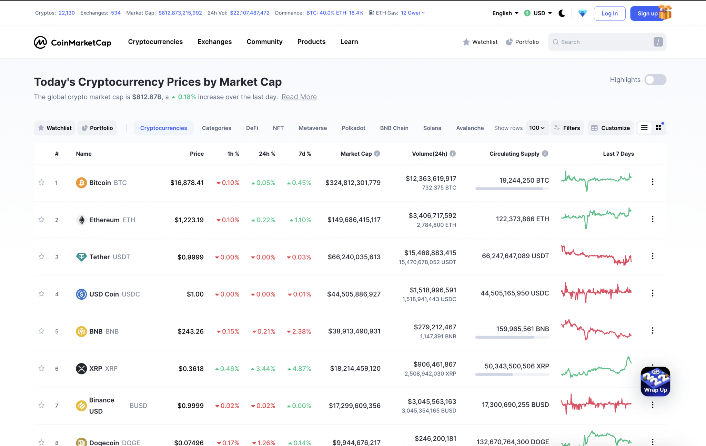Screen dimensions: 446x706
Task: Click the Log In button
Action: [x=609, y=13]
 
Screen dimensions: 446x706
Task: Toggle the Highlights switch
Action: [x=655, y=80]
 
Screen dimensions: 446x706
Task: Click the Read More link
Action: [x=299, y=97]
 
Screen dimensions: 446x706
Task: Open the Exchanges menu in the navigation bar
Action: [x=214, y=42]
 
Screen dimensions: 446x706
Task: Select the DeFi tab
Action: [x=252, y=128]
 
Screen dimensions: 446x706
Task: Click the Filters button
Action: [x=567, y=128]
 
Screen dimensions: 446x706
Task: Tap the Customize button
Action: [x=611, y=128]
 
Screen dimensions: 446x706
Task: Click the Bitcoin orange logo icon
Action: [x=81, y=183]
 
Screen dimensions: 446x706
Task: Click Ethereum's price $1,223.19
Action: [x=189, y=220]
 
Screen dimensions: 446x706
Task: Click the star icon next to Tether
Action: [x=41, y=256]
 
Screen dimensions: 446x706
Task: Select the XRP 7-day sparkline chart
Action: [x=596, y=368]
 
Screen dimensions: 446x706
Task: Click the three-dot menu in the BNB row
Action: [x=652, y=331]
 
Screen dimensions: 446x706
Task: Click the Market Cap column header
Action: [x=356, y=154]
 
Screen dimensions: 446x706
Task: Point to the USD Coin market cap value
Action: [x=354, y=294]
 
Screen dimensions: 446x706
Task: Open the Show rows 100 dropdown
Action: [x=537, y=128]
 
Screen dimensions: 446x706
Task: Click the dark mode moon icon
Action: [x=562, y=13]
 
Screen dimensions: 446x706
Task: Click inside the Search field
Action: [x=603, y=42]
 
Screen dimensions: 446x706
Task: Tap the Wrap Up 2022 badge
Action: [x=655, y=381]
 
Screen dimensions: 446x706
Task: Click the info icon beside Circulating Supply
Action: [x=545, y=154]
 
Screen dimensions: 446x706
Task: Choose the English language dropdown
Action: [x=505, y=13]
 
